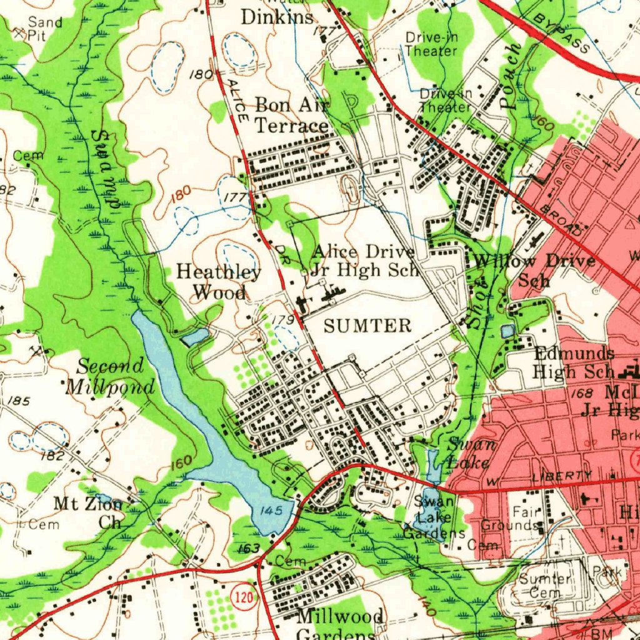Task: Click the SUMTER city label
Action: [x=367, y=326]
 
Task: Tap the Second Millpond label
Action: [x=111, y=377]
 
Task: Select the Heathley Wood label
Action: [x=219, y=282]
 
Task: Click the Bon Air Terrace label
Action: [x=291, y=115]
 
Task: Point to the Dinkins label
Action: [x=277, y=17]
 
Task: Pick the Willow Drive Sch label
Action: [x=534, y=269]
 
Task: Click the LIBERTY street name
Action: [x=561, y=477]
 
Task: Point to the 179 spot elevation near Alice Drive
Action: [x=284, y=320]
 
